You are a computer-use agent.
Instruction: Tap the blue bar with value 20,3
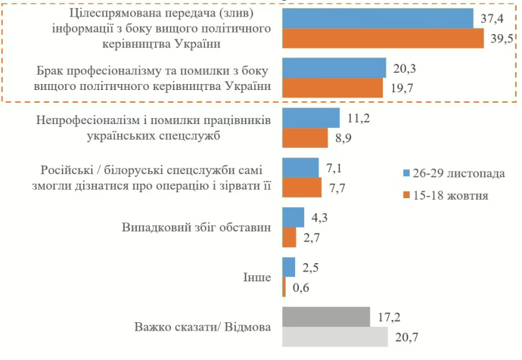point(334,68)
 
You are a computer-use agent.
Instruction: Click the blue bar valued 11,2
point(311,118)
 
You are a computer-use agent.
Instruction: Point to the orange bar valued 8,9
point(306,138)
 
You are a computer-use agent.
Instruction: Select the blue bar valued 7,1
point(300,168)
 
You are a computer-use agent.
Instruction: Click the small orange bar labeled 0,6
point(284,287)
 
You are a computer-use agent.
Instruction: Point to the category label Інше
point(257,278)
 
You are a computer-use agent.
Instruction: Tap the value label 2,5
point(311,268)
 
